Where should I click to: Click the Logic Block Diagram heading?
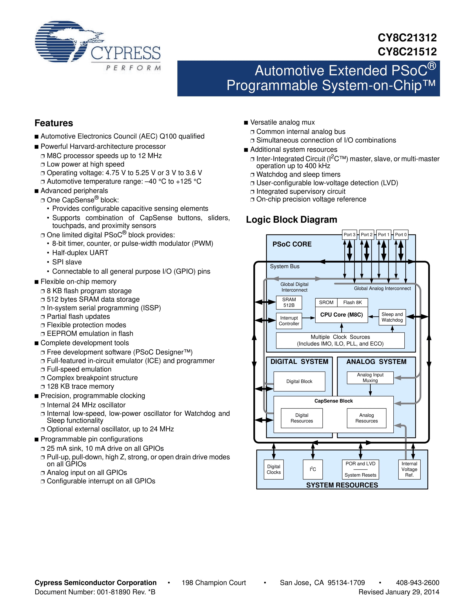(291, 220)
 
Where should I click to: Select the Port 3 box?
(349, 235)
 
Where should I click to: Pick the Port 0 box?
(401, 235)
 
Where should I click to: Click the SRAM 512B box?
(289, 302)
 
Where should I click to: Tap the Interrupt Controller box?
(289, 321)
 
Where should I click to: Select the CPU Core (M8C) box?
(341, 315)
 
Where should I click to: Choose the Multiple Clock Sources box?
(340, 340)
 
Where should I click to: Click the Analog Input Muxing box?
(370, 378)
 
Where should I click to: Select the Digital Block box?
(299, 381)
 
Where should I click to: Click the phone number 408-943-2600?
(417, 583)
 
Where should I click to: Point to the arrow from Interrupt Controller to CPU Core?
(309, 318)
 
